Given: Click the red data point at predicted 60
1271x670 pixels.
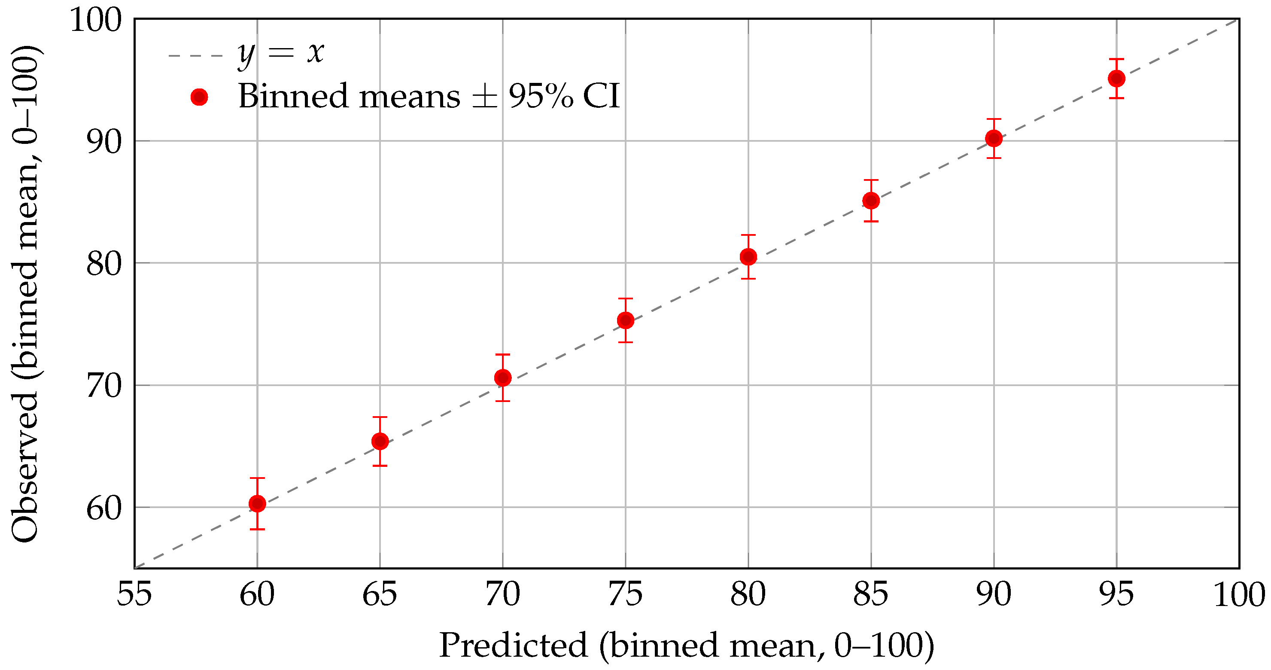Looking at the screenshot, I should pyautogui.click(x=257, y=504).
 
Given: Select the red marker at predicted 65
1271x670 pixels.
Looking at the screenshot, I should pyautogui.click(x=380, y=441).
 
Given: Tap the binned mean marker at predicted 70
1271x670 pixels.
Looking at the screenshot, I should pyautogui.click(x=503, y=378).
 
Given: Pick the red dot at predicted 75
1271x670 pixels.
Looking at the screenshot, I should pyautogui.click(x=626, y=321).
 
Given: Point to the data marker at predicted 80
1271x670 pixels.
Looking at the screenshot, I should pyautogui.click(x=748, y=256).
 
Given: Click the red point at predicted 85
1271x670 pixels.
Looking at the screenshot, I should pyautogui.click(x=871, y=201).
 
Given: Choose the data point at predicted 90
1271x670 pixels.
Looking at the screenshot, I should pyautogui.click(x=994, y=139).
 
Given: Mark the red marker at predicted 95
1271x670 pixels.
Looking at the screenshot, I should pyautogui.click(x=1116, y=79).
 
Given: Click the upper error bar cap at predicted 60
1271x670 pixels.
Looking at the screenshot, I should pyautogui.click(x=257, y=478).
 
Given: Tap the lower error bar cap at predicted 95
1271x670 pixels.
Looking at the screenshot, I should pyautogui.click(x=1116, y=98).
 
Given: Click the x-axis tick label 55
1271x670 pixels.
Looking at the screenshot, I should pyautogui.click(x=134, y=594).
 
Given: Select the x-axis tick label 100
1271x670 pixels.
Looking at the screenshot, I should pyautogui.click(x=1238, y=594).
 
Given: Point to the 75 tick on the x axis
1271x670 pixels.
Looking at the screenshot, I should pyautogui.click(x=626, y=594).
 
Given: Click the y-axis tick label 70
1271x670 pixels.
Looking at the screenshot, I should pyautogui.click(x=103, y=386).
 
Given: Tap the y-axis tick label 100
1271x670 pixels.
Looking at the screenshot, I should pyautogui.click(x=95, y=21).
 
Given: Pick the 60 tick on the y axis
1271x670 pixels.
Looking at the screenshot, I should pyautogui.click(x=103, y=508).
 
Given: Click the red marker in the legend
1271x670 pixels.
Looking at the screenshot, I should pyautogui.click(x=199, y=97).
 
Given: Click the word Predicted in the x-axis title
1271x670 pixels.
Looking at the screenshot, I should pyautogui.click(x=513, y=646).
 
